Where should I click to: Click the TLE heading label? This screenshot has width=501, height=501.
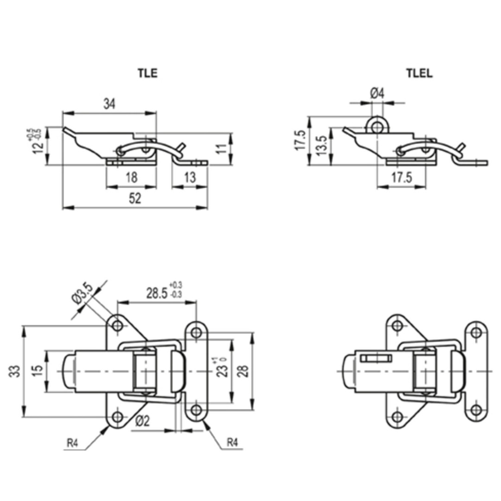148,73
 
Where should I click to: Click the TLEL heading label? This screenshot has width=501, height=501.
419,73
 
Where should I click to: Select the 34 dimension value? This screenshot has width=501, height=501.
109,104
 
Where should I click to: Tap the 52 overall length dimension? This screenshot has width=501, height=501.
135,199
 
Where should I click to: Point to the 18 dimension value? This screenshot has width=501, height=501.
132,177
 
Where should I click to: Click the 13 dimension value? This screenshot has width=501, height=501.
190,177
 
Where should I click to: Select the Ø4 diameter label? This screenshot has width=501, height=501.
377,94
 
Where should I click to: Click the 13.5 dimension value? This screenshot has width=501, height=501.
322,145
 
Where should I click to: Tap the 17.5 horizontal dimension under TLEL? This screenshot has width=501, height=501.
402,177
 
